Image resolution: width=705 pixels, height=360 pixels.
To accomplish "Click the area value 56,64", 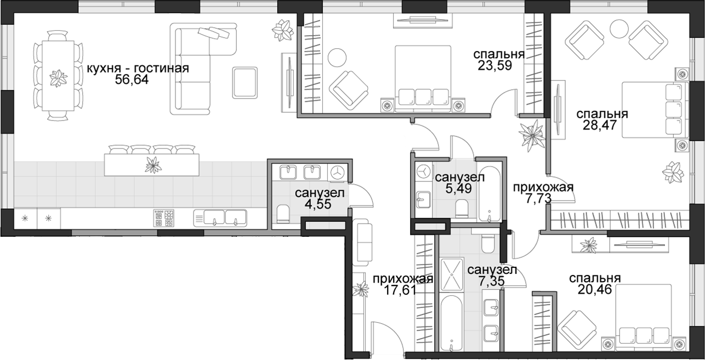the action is pyautogui.click(x=132, y=79).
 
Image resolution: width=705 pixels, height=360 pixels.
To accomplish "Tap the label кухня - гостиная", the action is pyautogui.click(x=138, y=68).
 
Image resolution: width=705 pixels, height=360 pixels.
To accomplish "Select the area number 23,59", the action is pyautogui.click(x=494, y=65).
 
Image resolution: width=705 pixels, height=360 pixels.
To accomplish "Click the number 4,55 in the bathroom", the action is pyautogui.click(x=318, y=204).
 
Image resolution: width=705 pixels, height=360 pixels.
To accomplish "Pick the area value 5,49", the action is pyautogui.click(x=458, y=188).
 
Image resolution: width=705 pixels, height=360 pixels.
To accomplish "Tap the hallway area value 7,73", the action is pyautogui.click(x=538, y=198).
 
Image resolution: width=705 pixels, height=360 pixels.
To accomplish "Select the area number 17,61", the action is pyautogui.click(x=400, y=290).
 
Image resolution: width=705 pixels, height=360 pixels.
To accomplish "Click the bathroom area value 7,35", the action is pyautogui.click(x=492, y=281).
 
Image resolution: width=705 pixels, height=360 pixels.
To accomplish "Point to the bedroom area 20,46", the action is pyautogui.click(x=595, y=289).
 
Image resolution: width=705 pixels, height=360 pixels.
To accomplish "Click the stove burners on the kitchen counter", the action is pyautogui.click(x=164, y=218).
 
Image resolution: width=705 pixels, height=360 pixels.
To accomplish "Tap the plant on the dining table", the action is pyautogui.click(x=58, y=78).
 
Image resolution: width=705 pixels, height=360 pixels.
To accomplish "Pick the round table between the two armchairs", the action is pyautogui.click(x=619, y=29).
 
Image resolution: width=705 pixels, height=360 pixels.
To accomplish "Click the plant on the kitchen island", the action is pyautogui.click(x=153, y=164).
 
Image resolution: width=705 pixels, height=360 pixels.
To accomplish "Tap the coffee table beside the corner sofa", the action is pyautogui.click(x=245, y=83).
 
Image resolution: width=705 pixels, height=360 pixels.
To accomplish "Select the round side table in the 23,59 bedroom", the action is pyautogui.click(x=337, y=58).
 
